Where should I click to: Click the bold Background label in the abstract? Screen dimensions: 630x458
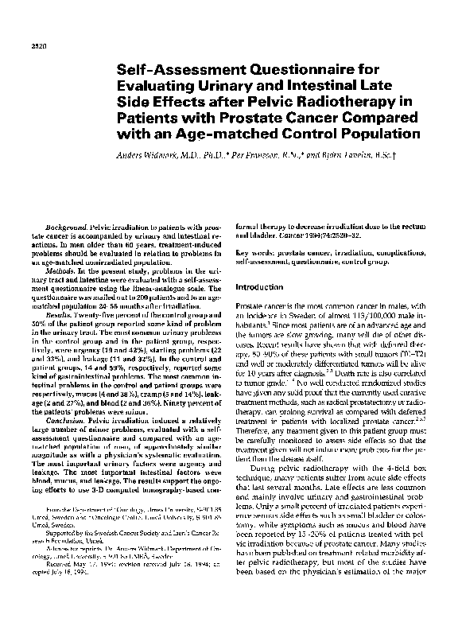[x=67, y=227]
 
